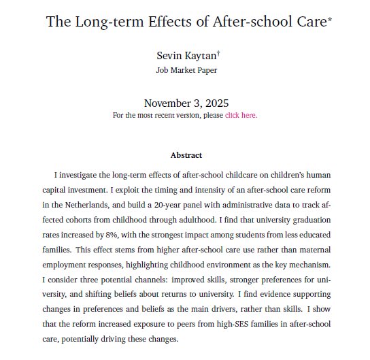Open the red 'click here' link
pos(241,115)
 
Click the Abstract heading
pos(185,155)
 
